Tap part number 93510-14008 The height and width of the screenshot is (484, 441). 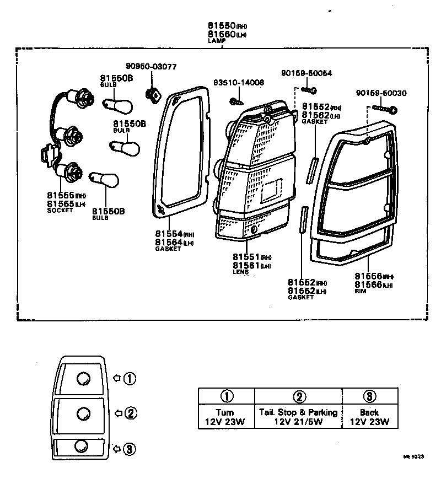point(239,83)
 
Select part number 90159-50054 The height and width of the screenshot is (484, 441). point(306,73)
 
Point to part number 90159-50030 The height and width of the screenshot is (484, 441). point(381,93)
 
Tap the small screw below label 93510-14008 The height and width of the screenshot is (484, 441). point(237,101)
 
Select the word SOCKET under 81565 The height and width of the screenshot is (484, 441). point(60,211)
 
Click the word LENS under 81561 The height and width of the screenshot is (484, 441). point(240,272)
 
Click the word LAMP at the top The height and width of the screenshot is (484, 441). point(215,41)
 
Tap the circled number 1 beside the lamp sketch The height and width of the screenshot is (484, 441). point(129,379)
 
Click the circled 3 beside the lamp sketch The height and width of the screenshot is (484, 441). point(129,449)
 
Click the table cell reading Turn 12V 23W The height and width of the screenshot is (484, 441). point(226,417)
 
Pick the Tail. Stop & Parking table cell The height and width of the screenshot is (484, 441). point(298,417)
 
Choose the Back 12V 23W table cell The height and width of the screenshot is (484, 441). point(370,417)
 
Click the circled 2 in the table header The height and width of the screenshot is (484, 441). point(298,396)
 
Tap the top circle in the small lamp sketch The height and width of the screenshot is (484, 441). point(83,379)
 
